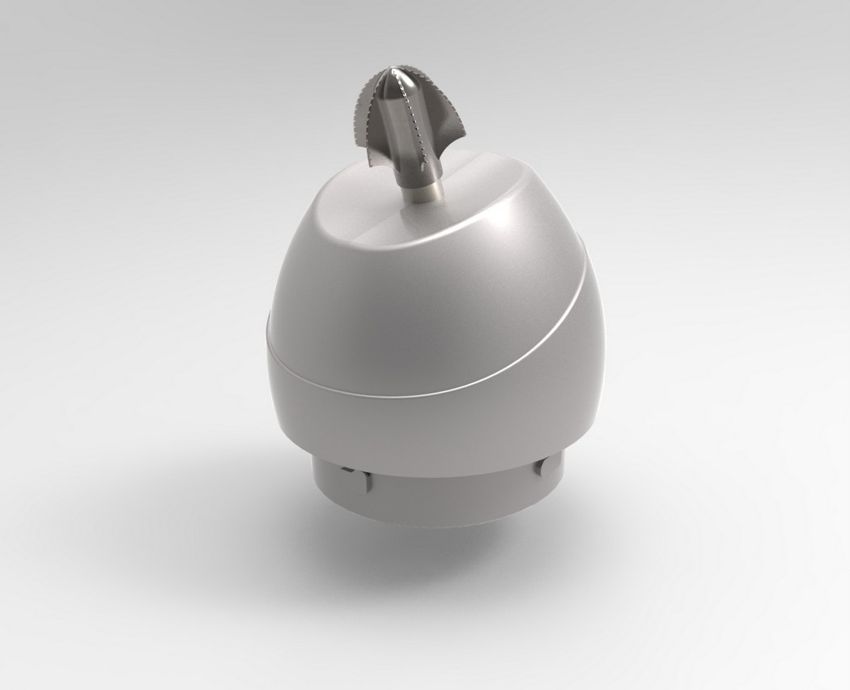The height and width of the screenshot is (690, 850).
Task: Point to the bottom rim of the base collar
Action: [x=437, y=524]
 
